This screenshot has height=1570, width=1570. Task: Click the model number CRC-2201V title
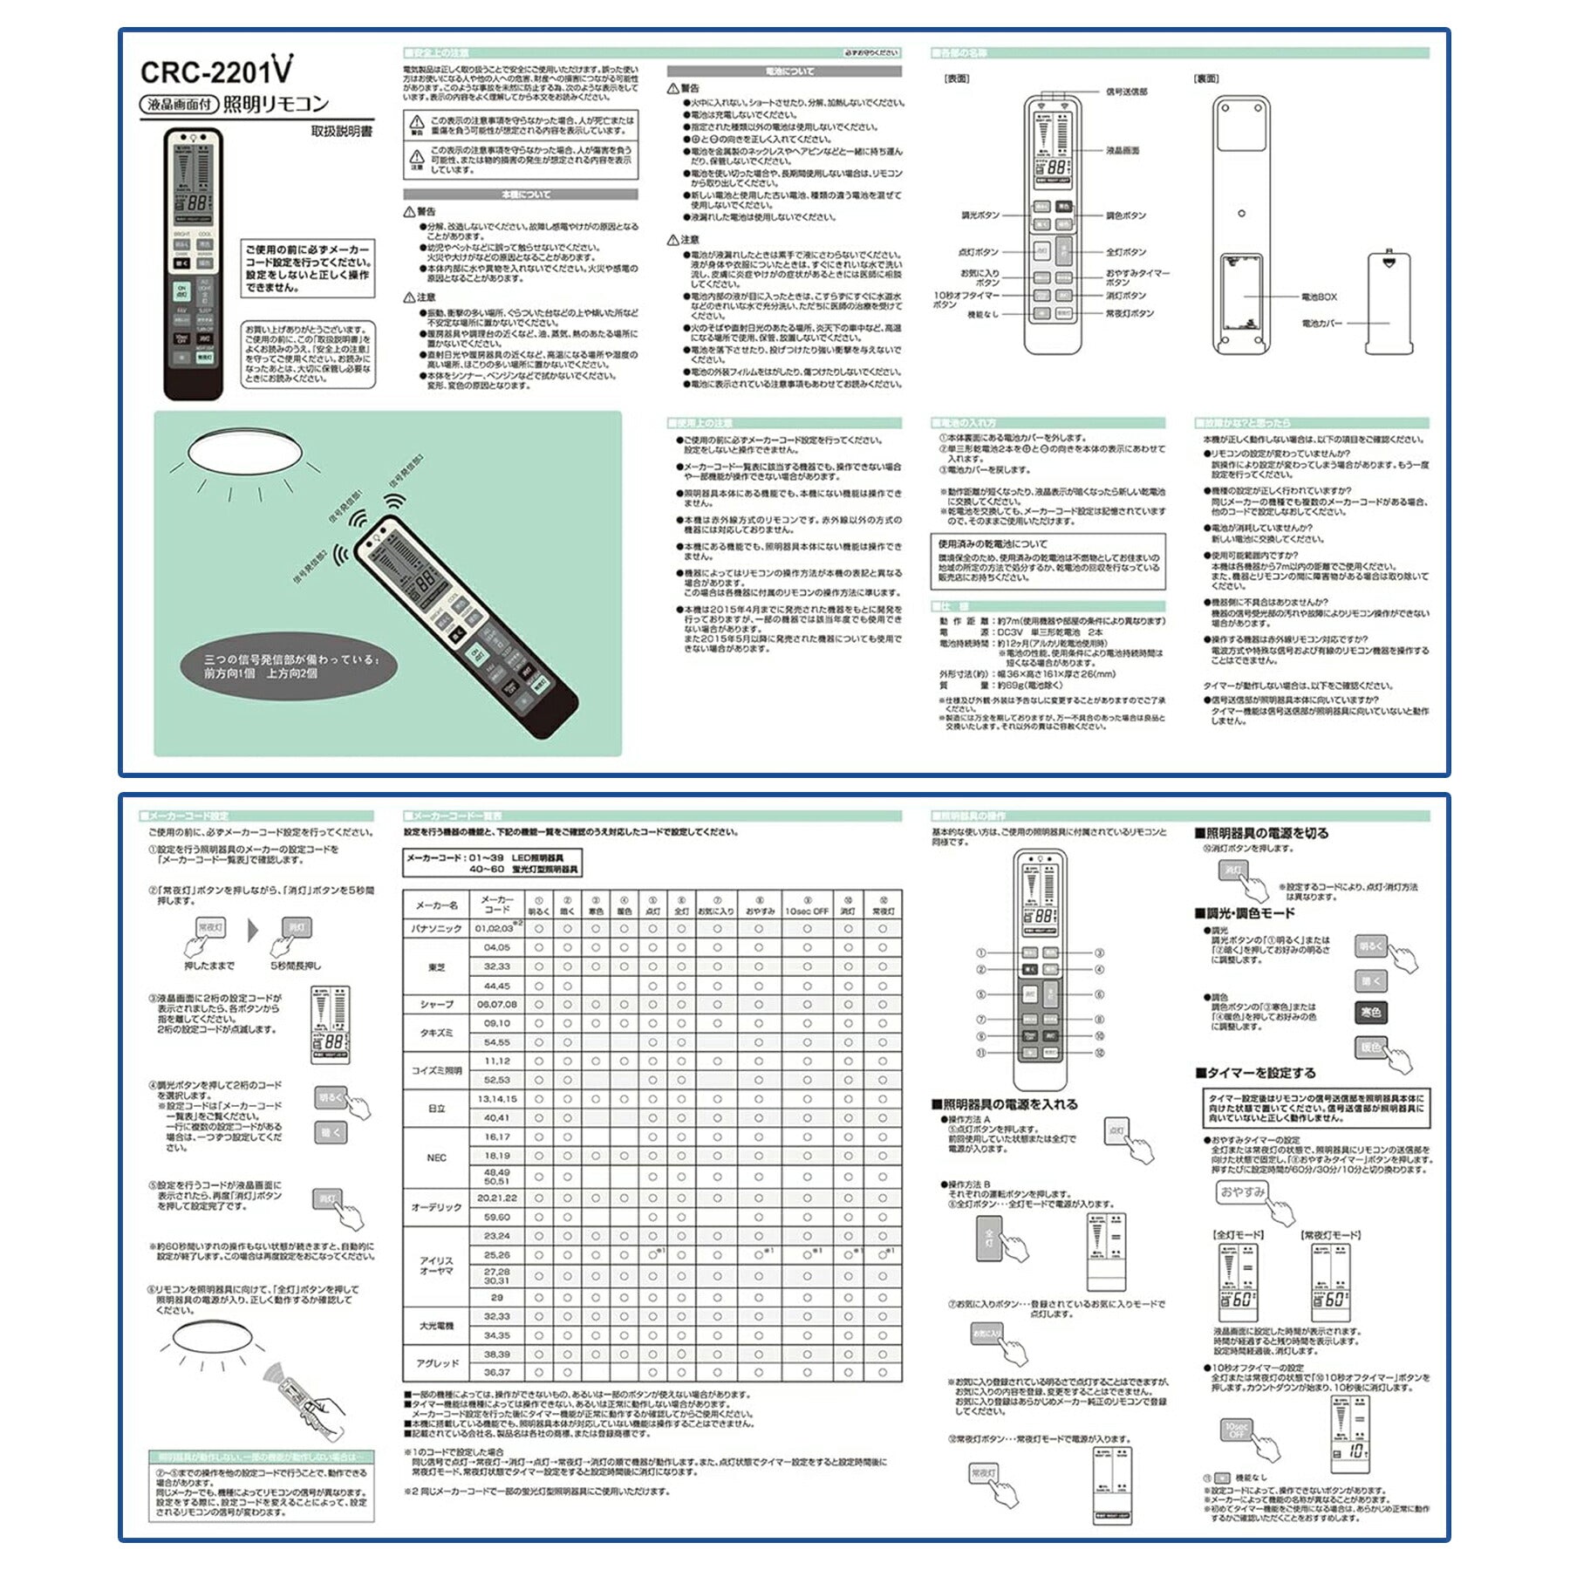(x=216, y=70)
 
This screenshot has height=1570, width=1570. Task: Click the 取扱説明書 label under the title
(x=342, y=132)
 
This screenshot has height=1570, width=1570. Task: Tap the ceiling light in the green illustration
(x=245, y=451)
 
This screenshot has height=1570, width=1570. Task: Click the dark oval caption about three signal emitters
(x=289, y=667)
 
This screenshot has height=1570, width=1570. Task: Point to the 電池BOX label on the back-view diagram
(x=1319, y=297)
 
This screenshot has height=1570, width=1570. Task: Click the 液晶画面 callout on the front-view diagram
(x=1123, y=150)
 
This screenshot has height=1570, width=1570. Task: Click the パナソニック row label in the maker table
(x=436, y=929)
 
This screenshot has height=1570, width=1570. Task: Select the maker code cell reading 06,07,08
(x=496, y=1004)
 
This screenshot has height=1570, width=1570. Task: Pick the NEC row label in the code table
(x=436, y=1157)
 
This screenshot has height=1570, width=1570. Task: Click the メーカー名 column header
(x=436, y=905)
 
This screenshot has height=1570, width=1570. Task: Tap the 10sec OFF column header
(x=807, y=911)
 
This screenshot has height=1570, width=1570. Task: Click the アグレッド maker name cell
(x=436, y=1362)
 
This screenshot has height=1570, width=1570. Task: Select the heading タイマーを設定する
(x=1255, y=1073)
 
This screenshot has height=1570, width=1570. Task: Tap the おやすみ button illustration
(x=1242, y=1191)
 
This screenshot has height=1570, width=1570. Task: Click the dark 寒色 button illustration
(x=1370, y=1012)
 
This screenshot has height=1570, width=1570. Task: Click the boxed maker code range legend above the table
(x=492, y=863)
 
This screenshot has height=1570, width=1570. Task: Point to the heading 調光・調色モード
(x=1245, y=913)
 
